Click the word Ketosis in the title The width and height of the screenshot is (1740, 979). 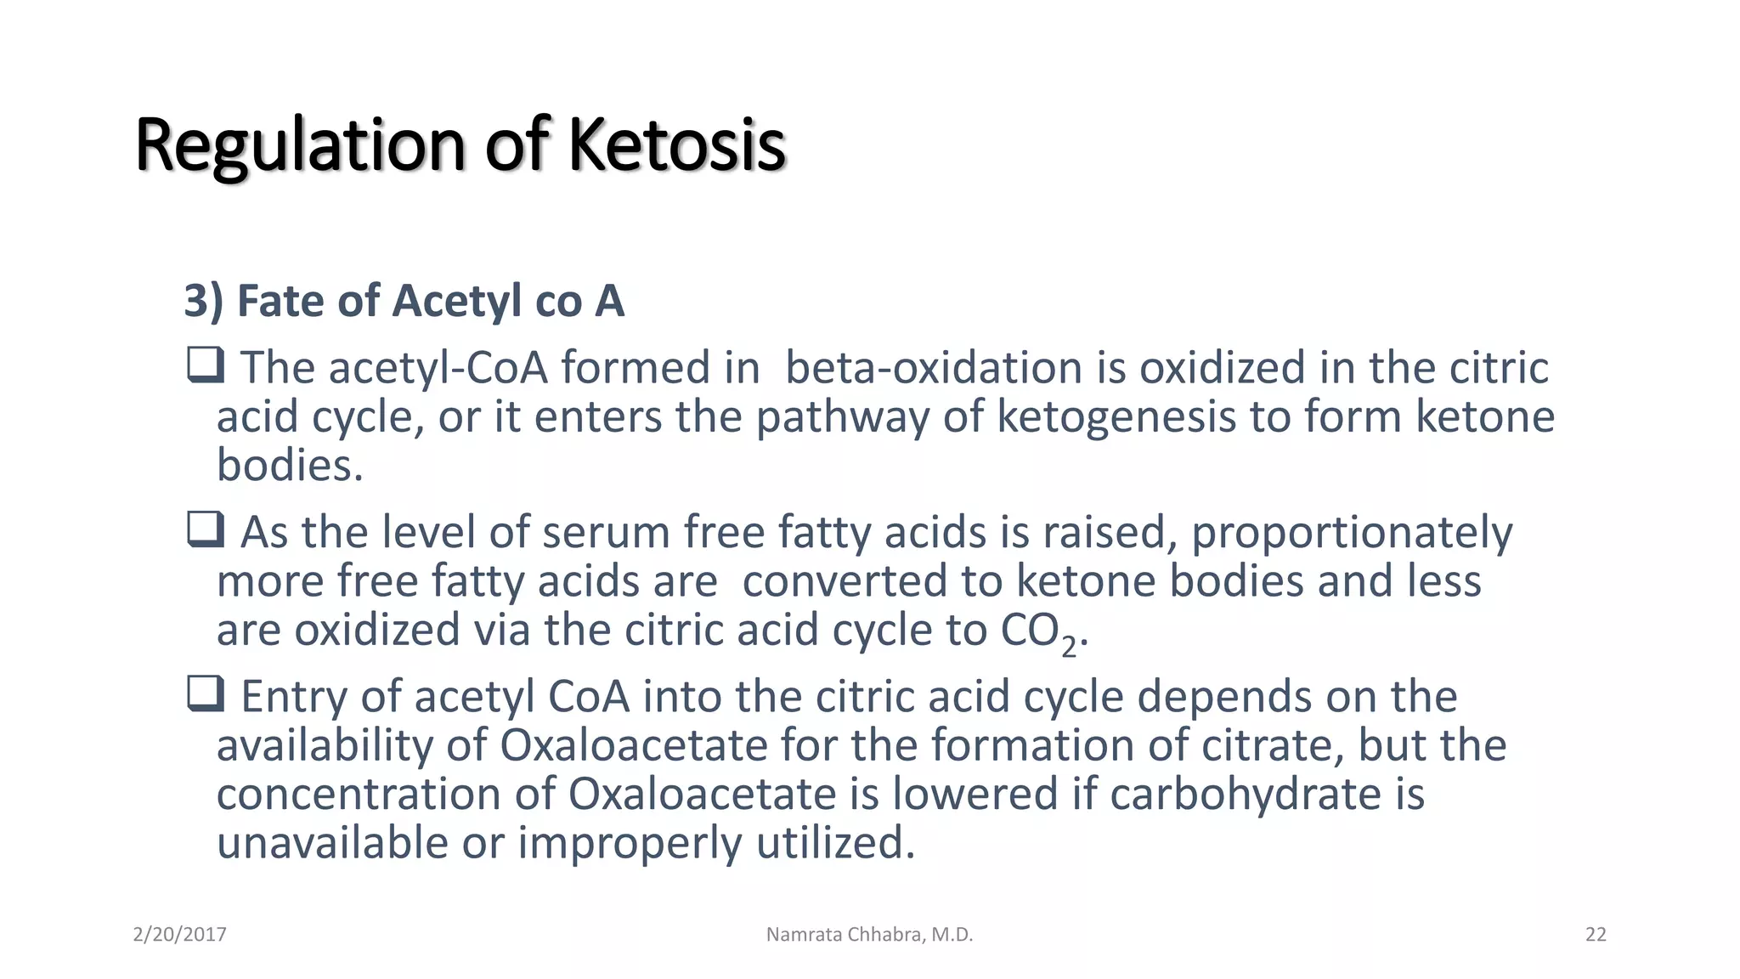tap(676, 144)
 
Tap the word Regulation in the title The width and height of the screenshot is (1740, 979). tap(300, 146)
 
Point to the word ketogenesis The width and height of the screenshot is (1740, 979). tap(1116, 417)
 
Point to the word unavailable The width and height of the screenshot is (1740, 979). tap(332, 843)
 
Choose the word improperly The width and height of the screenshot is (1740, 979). tap(629, 845)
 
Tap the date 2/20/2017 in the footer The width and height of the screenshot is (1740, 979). tap(179, 935)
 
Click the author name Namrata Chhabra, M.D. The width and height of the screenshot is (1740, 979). tap(869, 935)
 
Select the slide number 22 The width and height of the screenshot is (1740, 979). tap(1596, 935)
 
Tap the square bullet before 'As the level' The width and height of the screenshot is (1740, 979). tap(205, 529)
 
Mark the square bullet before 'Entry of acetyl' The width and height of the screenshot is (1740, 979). tap(205, 693)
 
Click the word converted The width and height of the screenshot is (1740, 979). tap(845, 582)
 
